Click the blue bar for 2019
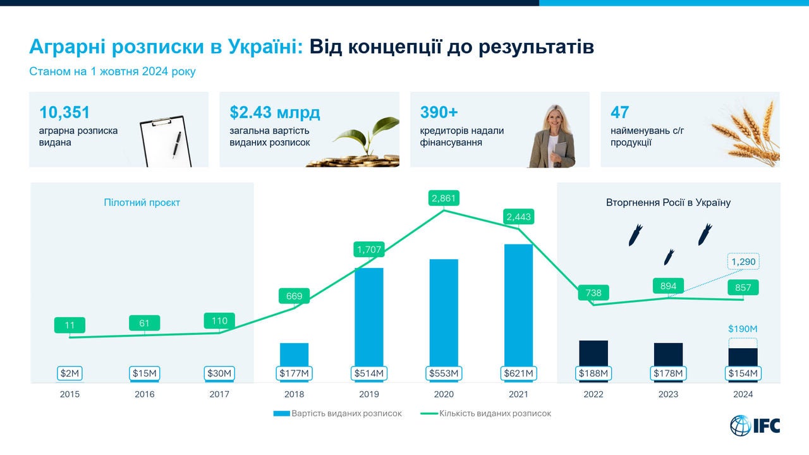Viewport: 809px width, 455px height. click(368, 317)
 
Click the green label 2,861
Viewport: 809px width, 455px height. click(444, 198)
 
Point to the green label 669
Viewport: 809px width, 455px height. click(294, 296)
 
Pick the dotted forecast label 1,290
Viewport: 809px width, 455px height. click(743, 262)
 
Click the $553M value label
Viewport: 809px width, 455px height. click(444, 373)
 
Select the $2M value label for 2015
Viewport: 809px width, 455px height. click(70, 373)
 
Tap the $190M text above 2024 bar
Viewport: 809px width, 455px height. click(743, 329)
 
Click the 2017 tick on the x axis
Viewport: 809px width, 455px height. click(219, 394)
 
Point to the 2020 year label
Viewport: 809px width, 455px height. click(444, 394)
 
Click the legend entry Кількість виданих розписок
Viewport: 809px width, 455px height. click(486, 413)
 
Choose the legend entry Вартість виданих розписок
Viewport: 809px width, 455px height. click(338, 413)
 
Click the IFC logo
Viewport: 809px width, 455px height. click(755, 425)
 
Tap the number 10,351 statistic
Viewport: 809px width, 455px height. click(64, 112)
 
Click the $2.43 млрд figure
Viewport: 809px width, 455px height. click(275, 112)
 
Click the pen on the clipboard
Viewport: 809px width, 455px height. click(176, 145)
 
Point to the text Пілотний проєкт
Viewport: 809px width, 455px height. click(142, 202)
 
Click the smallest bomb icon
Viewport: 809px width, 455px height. click(669, 257)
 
